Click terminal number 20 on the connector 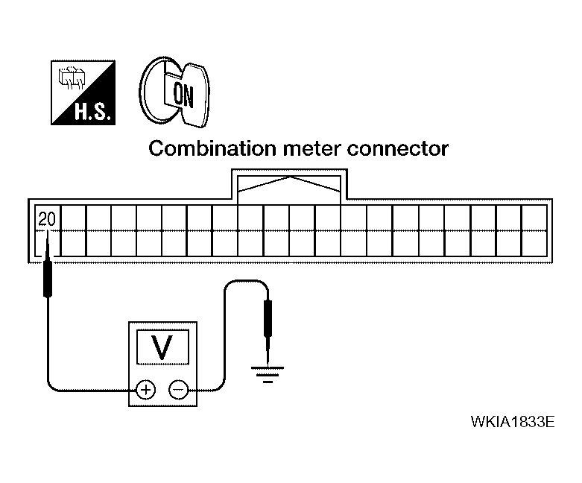[x=47, y=219]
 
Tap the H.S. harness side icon [x=83, y=92]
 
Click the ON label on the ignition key [x=184, y=95]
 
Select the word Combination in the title [x=212, y=148]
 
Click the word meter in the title [x=311, y=149]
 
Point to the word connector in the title [x=397, y=149]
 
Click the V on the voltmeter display [x=162, y=347]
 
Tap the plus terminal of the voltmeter [x=145, y=390]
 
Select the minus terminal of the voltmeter [x=179, y=390]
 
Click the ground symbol [x=268, y=374]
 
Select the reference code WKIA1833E [x=513, y=422]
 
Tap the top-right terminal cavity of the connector [x=534, y=218]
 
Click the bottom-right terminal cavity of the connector [x=534, y=244]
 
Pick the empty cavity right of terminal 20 [x=73, y=218]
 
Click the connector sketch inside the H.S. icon [x=72, y=78]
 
